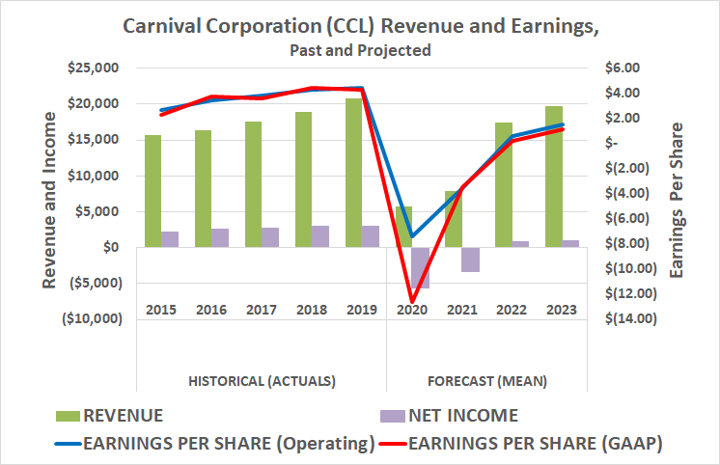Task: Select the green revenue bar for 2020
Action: (x=403, y=227)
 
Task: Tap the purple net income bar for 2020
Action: (x=420, y=267)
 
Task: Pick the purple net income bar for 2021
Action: (x=470, y=260)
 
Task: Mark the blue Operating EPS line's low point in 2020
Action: (x=412, y=236)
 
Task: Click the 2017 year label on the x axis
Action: (x=262, y=310)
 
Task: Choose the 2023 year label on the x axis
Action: (x=561, y=310)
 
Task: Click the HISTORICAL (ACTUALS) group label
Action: (x=262, y=380)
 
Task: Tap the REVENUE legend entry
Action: (x=122, y=416)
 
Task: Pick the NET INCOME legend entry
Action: (x=464, y=416)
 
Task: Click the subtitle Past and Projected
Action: (x=360, y=49)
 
